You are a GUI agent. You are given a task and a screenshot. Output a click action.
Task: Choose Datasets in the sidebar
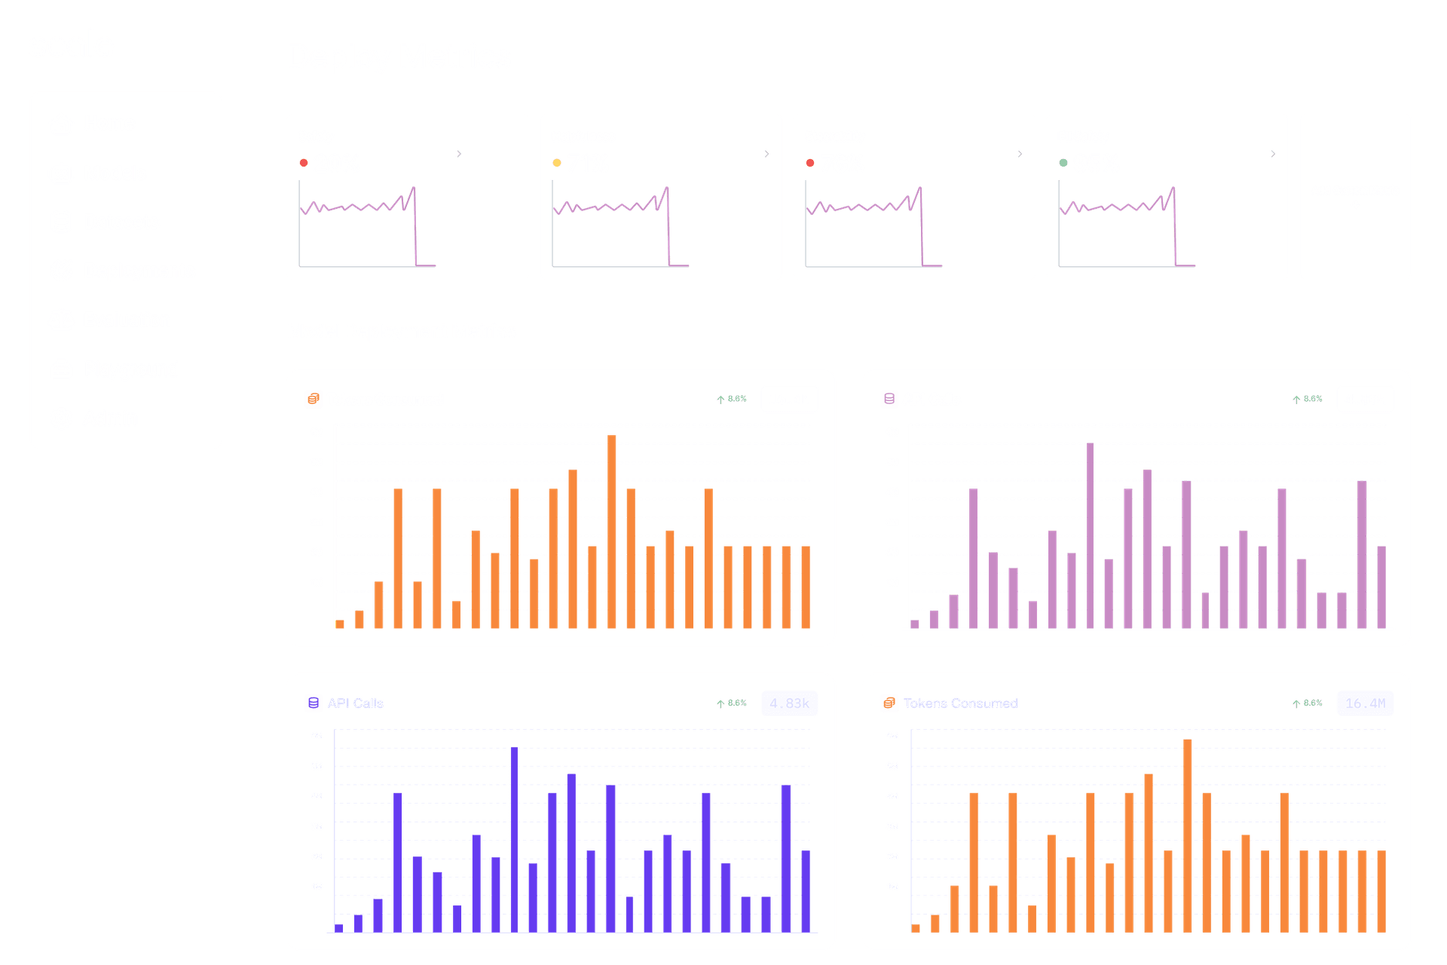[121, 222]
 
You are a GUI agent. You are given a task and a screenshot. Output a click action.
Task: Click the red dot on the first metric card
[304, 163]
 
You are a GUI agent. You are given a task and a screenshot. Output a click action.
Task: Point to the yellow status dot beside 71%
[557, 163]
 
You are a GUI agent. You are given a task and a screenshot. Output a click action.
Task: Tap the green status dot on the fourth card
[1063, 163]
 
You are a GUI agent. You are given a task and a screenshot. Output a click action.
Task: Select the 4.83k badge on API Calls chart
[789, 703]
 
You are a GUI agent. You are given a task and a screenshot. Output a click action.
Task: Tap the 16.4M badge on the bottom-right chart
[1365, 703]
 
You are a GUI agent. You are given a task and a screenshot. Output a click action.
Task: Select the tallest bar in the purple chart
[1090, 535]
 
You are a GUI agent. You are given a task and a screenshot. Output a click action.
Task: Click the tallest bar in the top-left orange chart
[612, 531]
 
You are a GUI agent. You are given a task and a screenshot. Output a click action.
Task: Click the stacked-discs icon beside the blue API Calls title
[314, 703]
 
